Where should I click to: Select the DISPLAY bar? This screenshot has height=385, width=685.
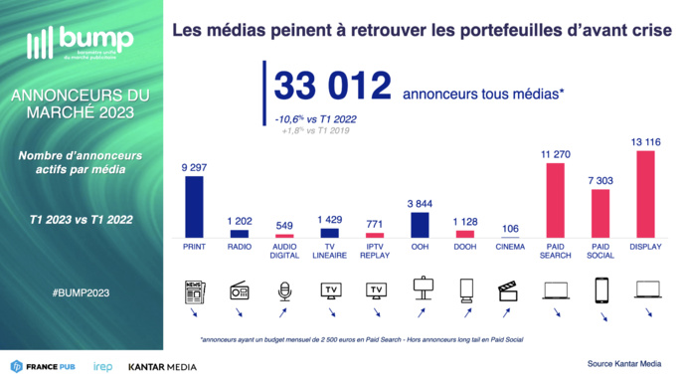pyautogui.click(x=645, y=194)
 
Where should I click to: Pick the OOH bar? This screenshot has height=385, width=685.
pyautogui.click(x=421, y=224)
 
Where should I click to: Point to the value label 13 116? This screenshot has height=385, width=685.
pyautogui.click(x=646, y=142)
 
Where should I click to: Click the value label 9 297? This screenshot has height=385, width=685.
pyautogui.click(x=194, y=167)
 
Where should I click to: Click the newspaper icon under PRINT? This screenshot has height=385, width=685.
pyautogui.click(x=194, y=291)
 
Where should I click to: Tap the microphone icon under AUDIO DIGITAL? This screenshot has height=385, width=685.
pyautogui.click(x=285, y=291)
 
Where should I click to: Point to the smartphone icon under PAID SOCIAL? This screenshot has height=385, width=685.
pyautogui.click(x=600, y=290)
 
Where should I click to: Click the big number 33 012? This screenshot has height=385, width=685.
pyautogui.click(x=331, y=87)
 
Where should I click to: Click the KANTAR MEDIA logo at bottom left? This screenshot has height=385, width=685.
pyautogui.click(x=162, y=367)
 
